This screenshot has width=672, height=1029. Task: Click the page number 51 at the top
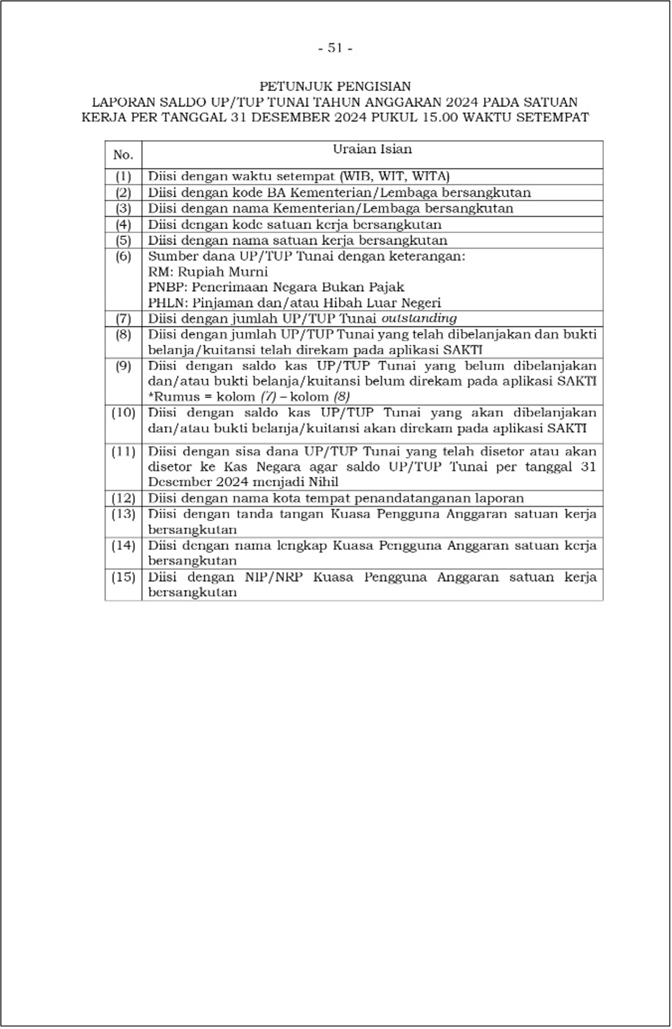click(x=335, y=48)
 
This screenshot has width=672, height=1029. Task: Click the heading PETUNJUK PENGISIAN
click(x=335, y=86)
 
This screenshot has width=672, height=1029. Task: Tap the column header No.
click(x=123, y=155)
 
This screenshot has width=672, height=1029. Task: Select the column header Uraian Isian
click(x=372, y=149)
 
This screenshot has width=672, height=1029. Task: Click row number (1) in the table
click(x=123, y=176)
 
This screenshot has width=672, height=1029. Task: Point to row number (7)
click(x=123, y=319)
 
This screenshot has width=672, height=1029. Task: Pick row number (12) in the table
click(x=123, y=499)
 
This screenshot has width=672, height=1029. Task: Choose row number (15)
click(x=123, y=578)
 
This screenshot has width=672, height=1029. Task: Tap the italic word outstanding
click(x=419, y=318)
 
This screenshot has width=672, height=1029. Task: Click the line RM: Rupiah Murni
click(x=208, y=272)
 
